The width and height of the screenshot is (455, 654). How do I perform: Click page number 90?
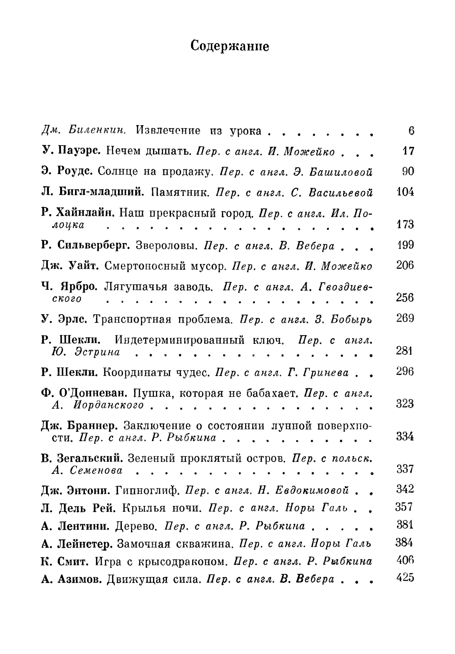point(408,171)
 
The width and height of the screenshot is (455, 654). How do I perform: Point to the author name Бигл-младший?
point(101,192)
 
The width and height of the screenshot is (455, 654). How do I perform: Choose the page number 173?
point(405,224)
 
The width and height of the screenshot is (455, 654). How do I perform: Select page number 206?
point(405,265)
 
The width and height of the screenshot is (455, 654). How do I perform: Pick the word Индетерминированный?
point(179,340)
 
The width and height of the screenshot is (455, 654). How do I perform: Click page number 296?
point(405,372)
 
